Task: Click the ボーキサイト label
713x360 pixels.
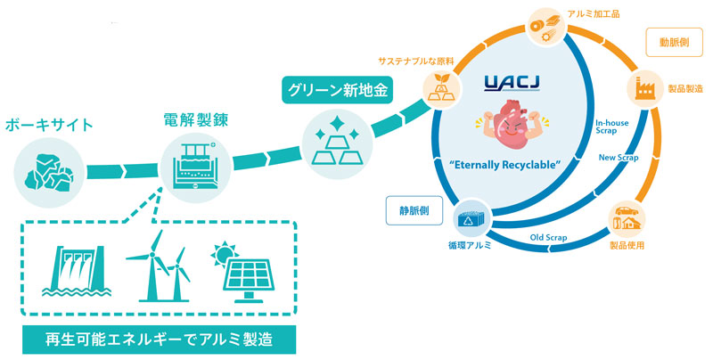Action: pos(48,124)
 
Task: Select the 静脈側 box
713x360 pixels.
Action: pos(410,211)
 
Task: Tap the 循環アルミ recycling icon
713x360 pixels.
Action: pos(465,217)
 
